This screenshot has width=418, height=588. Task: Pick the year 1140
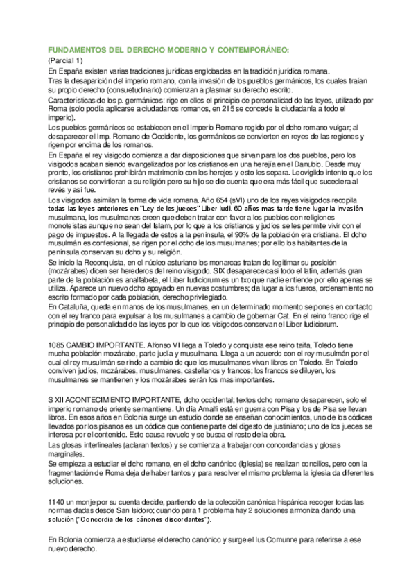pos(58,501)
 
